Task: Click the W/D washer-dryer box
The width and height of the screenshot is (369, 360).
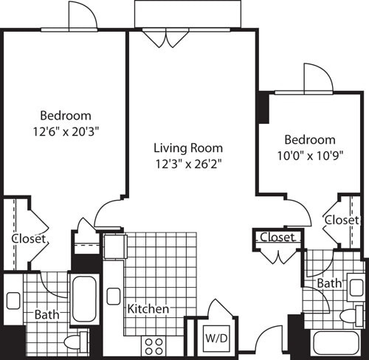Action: coord(213,339)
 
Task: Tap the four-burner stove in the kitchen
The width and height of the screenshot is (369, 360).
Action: coord(154,344)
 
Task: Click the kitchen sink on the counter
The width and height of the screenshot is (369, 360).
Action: coord(113,296)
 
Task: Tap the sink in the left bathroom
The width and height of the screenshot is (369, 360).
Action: coord(13,300)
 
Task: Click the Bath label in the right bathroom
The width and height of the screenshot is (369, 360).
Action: coord(328,283)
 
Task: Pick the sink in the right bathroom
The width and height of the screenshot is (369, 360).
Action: coord(356,287)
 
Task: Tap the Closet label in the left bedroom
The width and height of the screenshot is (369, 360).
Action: coord(30,239)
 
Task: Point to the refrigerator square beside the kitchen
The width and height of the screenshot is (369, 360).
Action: coord(114,246)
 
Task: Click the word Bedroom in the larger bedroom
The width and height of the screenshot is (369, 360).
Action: coord(66,115)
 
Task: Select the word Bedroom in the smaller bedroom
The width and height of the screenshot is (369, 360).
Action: coord(310,139)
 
